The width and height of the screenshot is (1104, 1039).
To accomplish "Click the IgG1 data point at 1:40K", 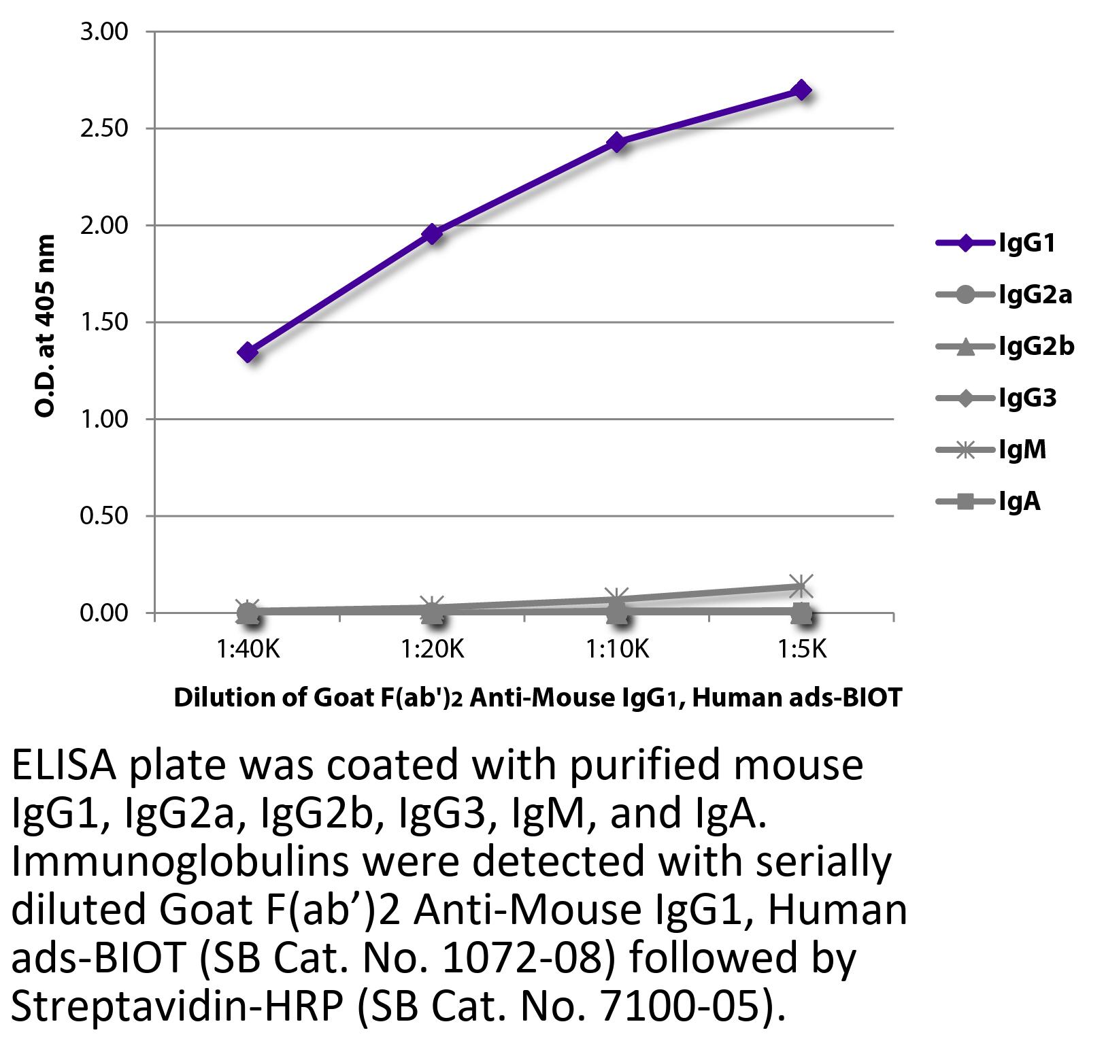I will coord(248,352).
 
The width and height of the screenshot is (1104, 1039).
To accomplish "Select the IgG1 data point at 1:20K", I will coord(432,234).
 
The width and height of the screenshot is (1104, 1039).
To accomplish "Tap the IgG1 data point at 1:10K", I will coord(617,142).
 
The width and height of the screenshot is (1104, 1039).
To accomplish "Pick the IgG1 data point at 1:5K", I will coord(801,90).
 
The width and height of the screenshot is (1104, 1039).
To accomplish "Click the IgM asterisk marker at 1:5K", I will coord(801,585).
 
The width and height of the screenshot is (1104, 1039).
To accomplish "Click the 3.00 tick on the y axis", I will coord(103,32).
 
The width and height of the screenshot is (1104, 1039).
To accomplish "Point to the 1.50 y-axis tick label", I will coord(103,322).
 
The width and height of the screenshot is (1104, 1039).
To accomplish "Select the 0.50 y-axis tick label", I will coord(103,516).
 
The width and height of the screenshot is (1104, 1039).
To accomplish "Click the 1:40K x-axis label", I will coord(248,649).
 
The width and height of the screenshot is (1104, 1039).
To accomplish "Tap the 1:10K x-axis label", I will coord(617,649).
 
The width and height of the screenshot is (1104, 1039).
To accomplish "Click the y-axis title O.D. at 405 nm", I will coord(45,326).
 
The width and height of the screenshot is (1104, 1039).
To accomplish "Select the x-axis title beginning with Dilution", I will coord(537,698).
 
